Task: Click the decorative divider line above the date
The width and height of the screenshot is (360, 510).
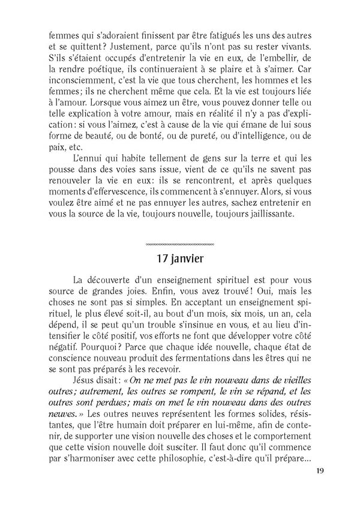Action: [180, 244]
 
